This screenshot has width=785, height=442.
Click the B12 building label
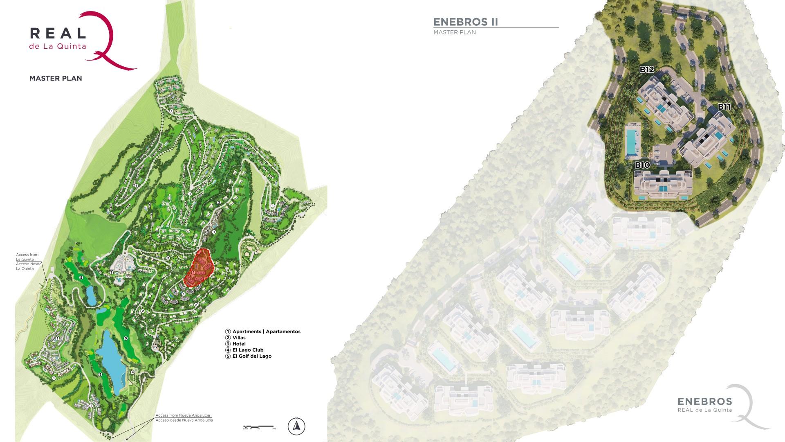647,70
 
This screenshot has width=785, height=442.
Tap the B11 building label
724,107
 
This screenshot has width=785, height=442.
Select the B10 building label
642,165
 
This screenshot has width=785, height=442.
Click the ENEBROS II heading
465,22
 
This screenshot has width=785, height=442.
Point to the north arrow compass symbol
296,426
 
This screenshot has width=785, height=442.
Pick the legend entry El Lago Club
247,350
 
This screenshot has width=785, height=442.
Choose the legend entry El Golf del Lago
251,356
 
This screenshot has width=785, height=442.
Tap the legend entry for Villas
239,338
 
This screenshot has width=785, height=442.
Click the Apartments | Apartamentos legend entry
266,331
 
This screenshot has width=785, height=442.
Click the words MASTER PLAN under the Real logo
56,78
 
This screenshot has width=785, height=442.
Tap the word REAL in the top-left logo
58,34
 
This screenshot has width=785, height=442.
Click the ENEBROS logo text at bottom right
705,401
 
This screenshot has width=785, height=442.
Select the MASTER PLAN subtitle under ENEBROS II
455,32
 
